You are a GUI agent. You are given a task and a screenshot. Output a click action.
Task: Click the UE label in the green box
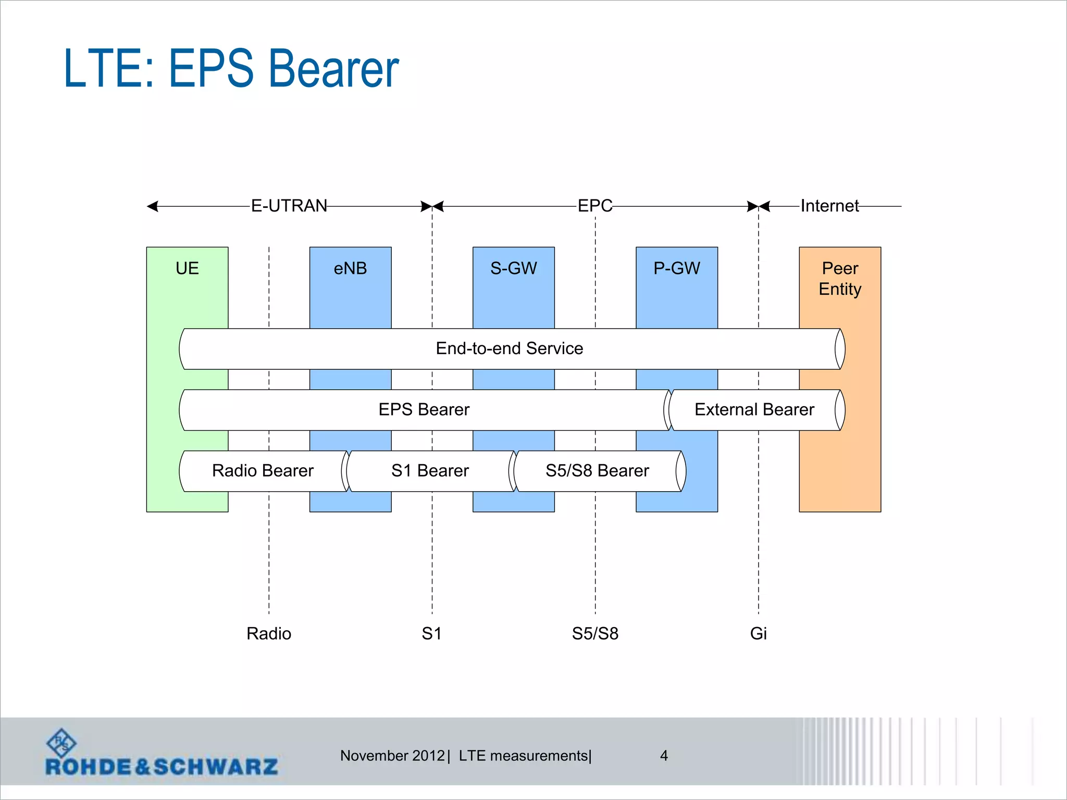pos(187,268)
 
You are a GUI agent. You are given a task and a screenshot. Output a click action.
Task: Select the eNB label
pos(350,268)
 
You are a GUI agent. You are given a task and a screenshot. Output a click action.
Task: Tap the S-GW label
pos(513,268)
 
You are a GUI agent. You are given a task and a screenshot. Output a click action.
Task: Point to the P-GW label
pos(677,268)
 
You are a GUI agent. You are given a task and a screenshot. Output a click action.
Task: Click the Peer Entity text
pos(840,279)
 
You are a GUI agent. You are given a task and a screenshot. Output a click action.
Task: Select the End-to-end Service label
pos(509,348)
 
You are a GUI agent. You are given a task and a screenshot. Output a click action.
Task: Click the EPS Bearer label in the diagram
pos(424,409)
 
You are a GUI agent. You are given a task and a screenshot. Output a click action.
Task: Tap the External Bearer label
pos(754,409)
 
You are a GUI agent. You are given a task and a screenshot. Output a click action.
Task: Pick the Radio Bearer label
pos(263,471)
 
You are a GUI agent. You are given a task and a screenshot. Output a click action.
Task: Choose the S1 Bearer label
pos(430,471)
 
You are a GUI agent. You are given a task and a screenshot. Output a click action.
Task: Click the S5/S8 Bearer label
pos(597,471)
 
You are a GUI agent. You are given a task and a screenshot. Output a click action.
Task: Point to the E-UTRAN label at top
pos(289,206)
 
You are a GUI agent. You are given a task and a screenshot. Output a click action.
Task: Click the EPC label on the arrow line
pos(595,206)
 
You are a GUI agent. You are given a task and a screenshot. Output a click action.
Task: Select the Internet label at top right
pos(829,206)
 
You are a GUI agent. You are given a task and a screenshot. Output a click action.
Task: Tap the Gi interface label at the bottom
pos(758,633)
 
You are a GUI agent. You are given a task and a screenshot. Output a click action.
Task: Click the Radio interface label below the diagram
pos(269,633)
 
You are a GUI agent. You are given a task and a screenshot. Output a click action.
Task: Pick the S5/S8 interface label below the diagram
pos(595,633)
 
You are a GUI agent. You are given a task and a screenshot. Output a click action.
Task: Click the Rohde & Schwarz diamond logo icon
pos(61,743)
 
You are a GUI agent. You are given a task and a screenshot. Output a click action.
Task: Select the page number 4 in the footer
pos(664,756)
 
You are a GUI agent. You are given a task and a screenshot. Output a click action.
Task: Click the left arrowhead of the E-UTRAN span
pos(153,207)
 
